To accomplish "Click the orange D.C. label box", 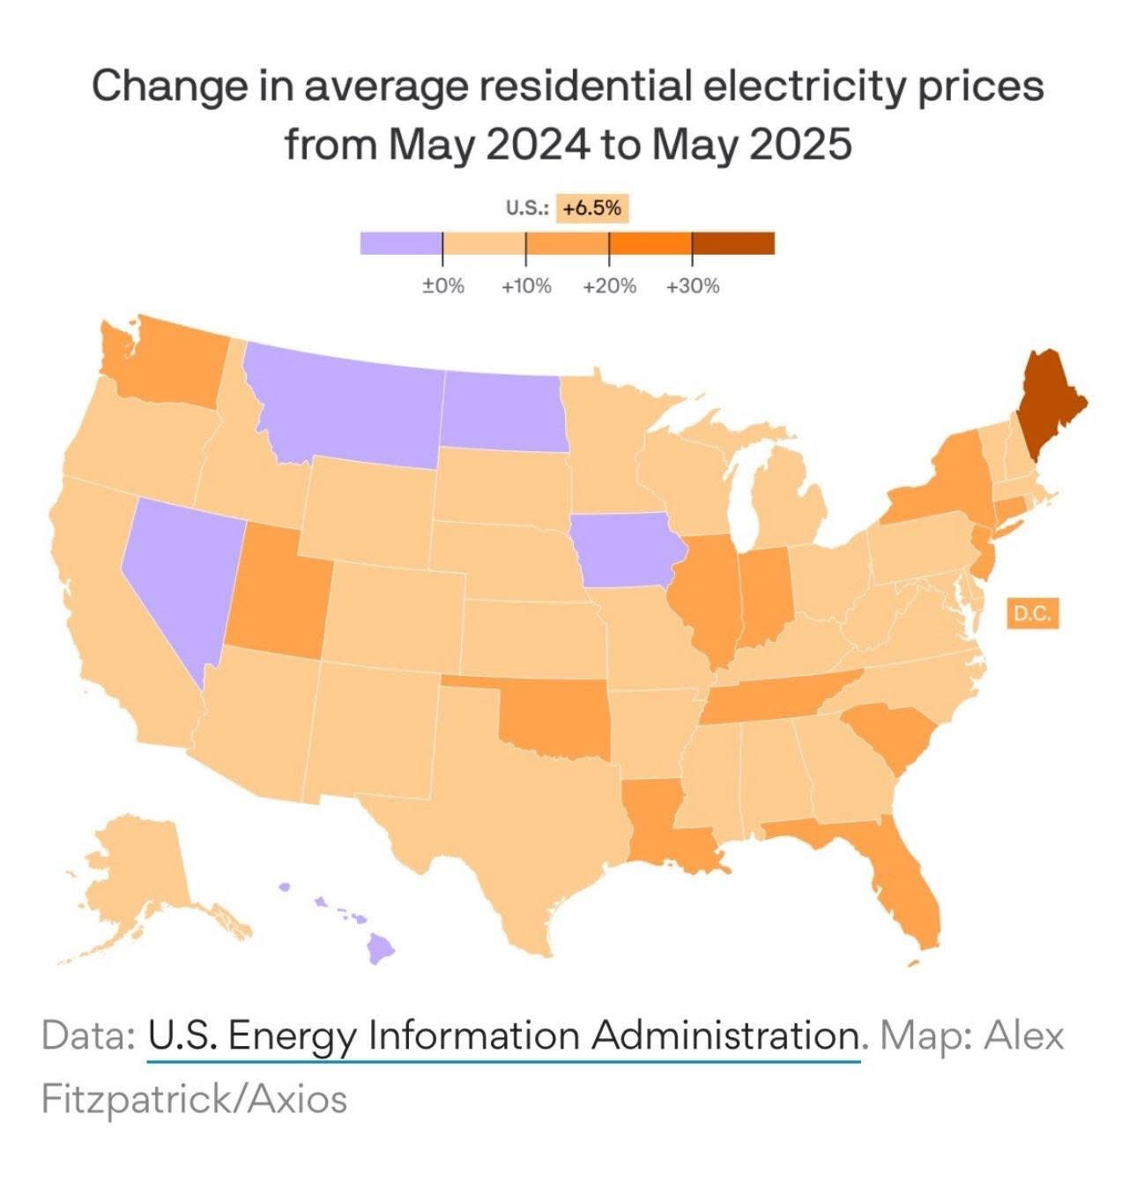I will tap(1032, 614).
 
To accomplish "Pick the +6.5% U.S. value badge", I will tap(592, 209).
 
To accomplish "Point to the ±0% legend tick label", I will tap(442, 286).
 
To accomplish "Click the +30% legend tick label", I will tap(693, 286).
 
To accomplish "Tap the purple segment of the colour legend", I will tap(401, 243).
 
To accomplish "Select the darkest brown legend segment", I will tap(733, 243).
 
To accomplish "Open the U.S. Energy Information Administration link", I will tap(502, 1035).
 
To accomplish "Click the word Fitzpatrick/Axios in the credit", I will tap(194, 1099).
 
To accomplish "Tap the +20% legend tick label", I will tap(610, 286).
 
